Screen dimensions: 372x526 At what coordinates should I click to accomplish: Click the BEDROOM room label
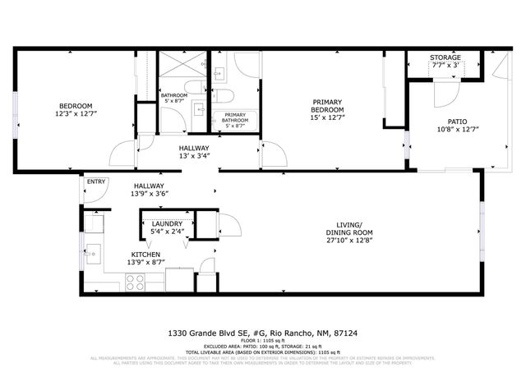75,105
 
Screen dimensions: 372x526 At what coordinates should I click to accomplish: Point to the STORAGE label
445,57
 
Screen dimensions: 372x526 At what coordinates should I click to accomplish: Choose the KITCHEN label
145,255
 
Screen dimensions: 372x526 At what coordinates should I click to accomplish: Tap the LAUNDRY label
168,223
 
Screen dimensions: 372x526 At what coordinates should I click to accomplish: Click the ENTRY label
95,182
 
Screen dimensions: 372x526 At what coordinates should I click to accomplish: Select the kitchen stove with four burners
135,282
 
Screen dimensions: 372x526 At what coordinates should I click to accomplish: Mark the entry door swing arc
97,193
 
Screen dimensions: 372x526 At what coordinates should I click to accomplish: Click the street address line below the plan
262,333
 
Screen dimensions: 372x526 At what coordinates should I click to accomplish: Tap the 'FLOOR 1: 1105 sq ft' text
263,341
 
